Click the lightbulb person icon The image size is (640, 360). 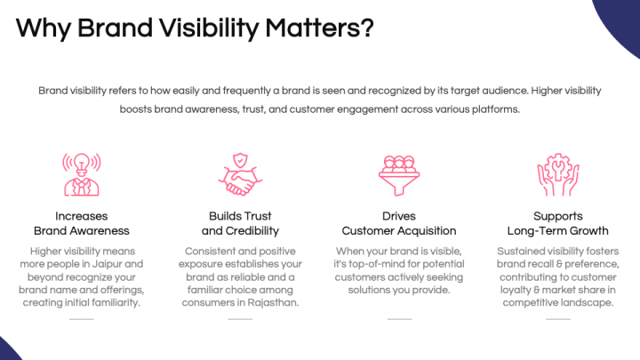(81, 174)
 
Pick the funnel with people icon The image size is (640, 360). (399, 174)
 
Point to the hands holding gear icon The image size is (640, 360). (558, 174)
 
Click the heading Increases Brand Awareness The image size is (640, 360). (81, 223)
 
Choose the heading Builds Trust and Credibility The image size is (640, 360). (240, 223)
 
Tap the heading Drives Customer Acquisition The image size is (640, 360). (399, 223)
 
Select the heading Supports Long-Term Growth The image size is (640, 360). (558, 223)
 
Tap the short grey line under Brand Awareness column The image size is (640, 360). (81, 318)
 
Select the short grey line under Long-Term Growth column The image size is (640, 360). (558, 318)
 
